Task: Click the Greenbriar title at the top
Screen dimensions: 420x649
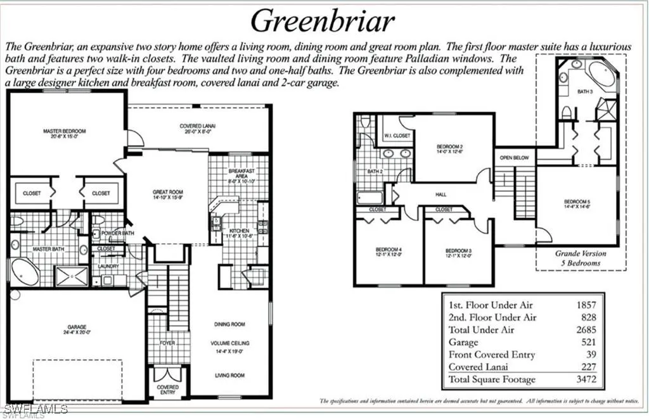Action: coord(323,20)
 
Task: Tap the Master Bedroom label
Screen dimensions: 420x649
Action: coord(64,132)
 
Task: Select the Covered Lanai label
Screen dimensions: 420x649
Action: coord(199,127)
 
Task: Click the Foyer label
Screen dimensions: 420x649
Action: coord(167,343)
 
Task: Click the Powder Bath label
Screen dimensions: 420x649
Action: coord(115,232)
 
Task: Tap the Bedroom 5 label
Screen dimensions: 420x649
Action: coord(577,204)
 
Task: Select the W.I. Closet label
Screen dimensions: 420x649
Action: coord(397,136)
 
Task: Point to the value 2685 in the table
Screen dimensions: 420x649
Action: coord(586,329)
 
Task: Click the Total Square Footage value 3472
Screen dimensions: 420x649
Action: coord(586,379)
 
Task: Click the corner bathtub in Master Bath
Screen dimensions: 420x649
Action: coord(25,271)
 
